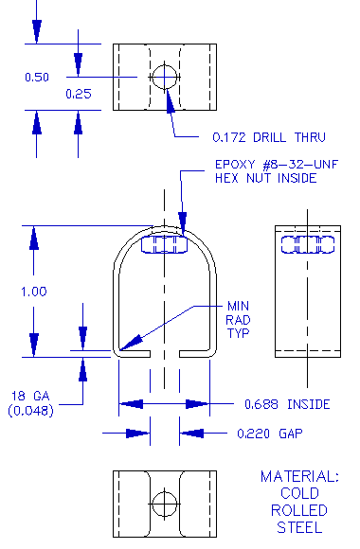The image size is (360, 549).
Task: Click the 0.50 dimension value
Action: click(36, 78)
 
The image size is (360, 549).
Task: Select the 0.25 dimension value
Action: click(78, 94)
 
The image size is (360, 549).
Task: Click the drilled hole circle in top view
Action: click(165, 76)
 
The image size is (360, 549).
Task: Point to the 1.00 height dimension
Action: click(33, 292)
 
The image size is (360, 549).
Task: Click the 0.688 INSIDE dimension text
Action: click(287, 404)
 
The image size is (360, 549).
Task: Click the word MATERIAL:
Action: click(299, 477)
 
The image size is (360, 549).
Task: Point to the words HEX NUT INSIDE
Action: click(264, 178)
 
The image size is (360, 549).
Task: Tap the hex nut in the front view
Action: click(164, 245)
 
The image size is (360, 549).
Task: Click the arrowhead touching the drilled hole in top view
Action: click(171, 97)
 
